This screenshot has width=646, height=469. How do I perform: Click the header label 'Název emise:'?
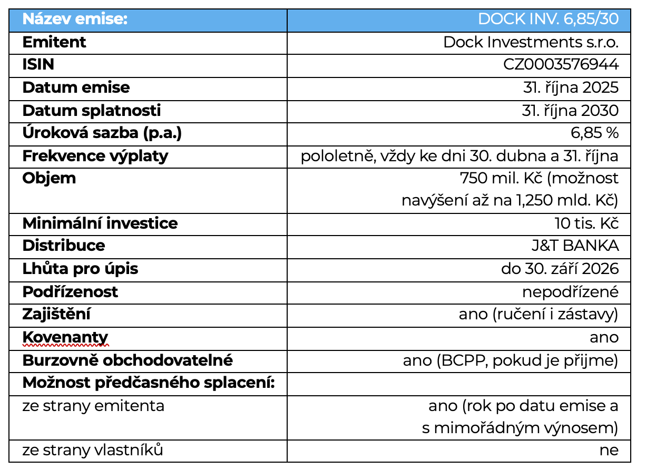click(75, 19)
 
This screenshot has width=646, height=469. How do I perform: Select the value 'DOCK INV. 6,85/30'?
click(548, 19)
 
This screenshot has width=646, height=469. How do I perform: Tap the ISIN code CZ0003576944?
click(561, 64)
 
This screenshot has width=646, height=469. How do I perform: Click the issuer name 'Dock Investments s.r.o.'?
click(531, 42)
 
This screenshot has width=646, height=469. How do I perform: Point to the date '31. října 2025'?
click(571, 87)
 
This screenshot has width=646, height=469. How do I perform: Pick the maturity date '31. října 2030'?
click(571, 110)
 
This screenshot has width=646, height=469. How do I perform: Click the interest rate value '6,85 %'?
click(595, 133)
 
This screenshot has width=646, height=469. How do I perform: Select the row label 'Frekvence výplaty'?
click(95, 156)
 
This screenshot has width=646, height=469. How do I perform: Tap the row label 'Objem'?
click(49, 178)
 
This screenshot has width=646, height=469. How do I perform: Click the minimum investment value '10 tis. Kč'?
click(586, 223)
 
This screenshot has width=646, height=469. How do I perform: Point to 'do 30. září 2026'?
click(560, 268)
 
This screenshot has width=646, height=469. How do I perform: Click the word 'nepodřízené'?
click(570, 291)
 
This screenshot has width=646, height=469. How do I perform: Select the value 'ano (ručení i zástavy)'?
click(538, 314)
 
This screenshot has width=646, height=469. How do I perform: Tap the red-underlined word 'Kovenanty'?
click(65, 337)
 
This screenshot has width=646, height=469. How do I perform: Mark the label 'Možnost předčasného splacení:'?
click(149, 383)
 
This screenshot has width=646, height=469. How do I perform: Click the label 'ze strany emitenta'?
click(93, 406)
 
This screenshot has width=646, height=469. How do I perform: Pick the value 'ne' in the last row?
click(609, 451)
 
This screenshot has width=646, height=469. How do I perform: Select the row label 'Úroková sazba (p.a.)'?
click(102, 133)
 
